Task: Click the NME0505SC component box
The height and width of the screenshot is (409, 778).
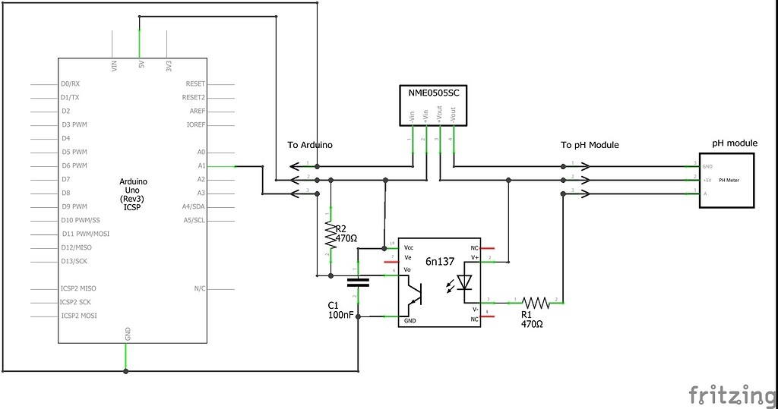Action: [x=433, y=105]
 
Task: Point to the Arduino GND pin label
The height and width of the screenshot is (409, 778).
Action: [x=127, y=333]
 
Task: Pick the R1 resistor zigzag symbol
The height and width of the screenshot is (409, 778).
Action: [x=536, y=302]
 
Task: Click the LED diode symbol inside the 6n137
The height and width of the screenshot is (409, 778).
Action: [x=466, y=282]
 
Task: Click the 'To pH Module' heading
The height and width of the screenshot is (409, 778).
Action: [x=590, y=145]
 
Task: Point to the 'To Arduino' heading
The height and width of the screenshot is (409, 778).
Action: [x=309, y=145]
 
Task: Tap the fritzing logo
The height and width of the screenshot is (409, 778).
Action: [x=732, y=395]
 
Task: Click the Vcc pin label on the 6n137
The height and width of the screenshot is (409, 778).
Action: [x=410, y=247]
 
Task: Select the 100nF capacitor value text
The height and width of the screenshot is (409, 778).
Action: [x=340, y=314]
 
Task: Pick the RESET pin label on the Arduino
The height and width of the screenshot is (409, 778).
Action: [x=195, y=83]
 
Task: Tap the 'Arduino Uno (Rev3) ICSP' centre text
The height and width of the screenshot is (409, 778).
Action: [x=135, y=193]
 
